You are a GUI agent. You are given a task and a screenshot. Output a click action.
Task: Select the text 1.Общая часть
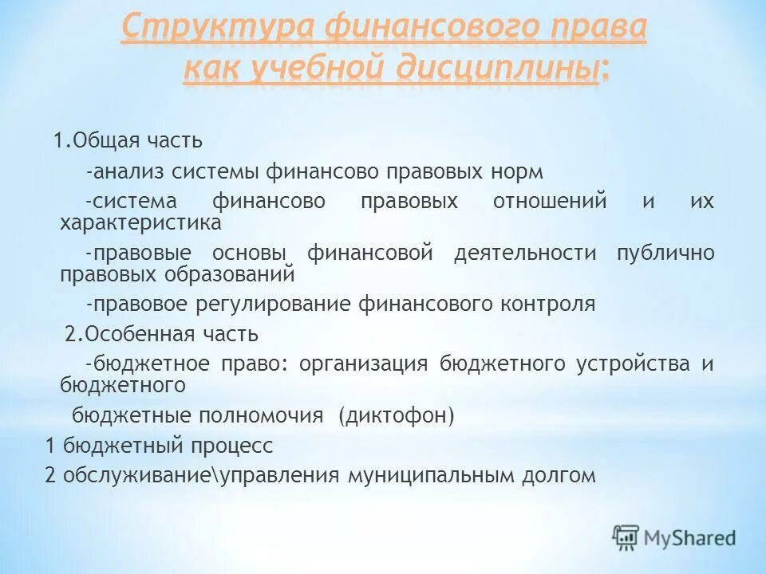(128, 141)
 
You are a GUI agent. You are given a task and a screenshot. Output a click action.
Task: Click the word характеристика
(140, 222)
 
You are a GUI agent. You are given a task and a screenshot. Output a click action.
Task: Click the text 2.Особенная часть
(162, 333)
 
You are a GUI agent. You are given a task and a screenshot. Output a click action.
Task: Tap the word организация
(365, 364)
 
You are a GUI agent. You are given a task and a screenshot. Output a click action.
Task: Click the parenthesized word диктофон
(396, 415)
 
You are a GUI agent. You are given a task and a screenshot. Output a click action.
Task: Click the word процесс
(231, 445)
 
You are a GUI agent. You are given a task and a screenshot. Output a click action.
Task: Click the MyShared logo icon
(626, 537)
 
